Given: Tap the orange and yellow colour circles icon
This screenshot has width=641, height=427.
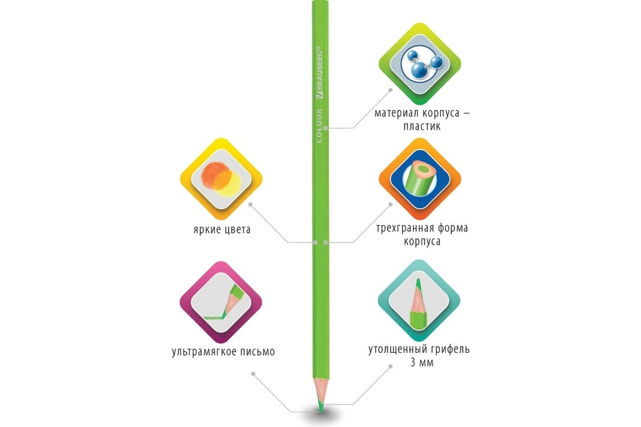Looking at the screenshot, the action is click(221, 179).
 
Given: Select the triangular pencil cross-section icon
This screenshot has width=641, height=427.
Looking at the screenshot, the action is click(420, 179).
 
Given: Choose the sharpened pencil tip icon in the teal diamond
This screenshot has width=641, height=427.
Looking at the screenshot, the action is click(418, 304).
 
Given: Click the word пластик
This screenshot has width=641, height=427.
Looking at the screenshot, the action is click(422, 126).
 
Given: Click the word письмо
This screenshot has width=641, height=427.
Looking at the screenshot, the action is click(257, 352).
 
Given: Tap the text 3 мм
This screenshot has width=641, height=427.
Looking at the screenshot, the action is click(422, 362).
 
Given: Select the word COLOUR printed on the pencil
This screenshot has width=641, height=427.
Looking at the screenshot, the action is click(319, 125).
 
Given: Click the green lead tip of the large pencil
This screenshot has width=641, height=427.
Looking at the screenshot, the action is click(321, 407).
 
